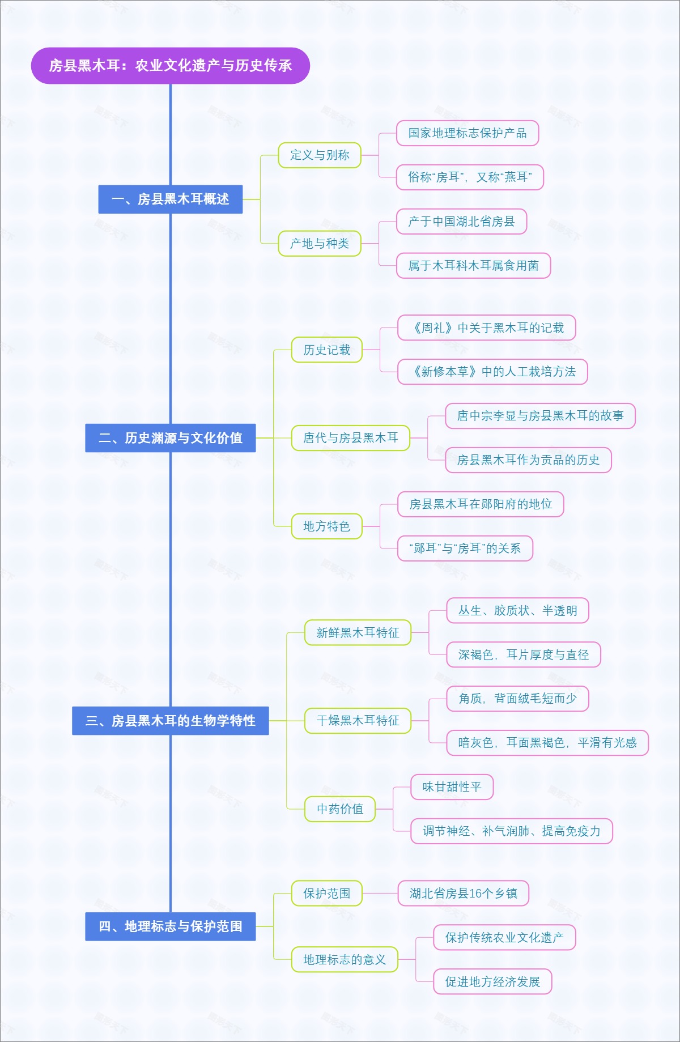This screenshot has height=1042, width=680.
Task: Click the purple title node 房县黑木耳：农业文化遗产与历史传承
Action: pyautogui.click(x=170, y=66)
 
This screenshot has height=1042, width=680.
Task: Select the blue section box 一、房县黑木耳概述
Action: pyautogui.click(x=170, y=199)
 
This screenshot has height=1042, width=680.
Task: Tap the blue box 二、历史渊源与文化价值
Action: pyautogui.click(x=170, y=438)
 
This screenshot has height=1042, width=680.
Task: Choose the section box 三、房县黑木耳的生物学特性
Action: pyautogui.click(x=170, y=721)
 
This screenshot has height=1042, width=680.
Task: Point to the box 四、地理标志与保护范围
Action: pyautogui.click(x=170, y=926)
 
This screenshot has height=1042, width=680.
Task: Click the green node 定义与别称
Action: pyautogui.click(x=320, y=155)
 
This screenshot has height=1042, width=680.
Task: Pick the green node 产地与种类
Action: pyautogui.click(x=320, y=244)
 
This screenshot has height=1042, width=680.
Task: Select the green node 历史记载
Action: pyautogui.click(x=326, y=350)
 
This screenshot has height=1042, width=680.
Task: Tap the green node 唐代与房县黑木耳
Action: pyautogui.click(x=350, y=438)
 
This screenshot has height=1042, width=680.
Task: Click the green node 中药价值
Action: pyautogui.click(x=340, y=809)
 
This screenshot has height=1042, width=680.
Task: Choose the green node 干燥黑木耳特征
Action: pyautogui.click(x=358, y=721)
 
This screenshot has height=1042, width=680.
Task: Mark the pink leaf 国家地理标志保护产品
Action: pyautogui.click(x=467, y=133)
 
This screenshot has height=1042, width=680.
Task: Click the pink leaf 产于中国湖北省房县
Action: pyautogui.click(x=461, y=222)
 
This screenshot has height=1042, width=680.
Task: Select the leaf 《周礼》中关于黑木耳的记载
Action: pyautogui.click(x=487, y=328)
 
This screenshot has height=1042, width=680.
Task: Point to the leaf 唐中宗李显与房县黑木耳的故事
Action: pyautogui.click(x=540, y=416)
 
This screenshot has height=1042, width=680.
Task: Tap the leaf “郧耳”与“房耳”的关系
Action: pyautogui.click(x=465, y=548)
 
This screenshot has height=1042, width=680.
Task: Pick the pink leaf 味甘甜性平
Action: pyautogui.click(x=452, y=787)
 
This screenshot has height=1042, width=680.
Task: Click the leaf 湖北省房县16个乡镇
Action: pyautogui.click(x=464, y=894)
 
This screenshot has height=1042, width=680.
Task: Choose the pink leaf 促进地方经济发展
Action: pyautogui.click(x=492, y=982)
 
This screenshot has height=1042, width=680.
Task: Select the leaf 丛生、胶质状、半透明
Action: pyautogui.click(x=517, y=611)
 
